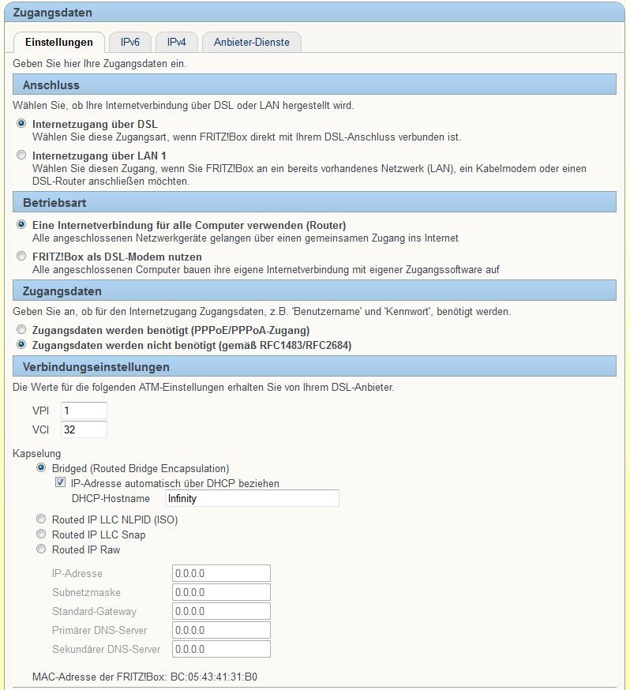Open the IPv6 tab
(130, 42)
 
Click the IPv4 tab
(177, 42)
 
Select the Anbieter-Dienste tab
(251, 42)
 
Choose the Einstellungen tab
(59, 42)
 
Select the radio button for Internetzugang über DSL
(21, 124)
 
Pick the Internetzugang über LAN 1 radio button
(21, 156)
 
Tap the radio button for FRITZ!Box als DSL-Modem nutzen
(21, 257)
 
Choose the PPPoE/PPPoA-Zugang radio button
(21, 330)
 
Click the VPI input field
(83, 411)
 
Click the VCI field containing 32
(83, 429)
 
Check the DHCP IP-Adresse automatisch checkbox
(60, 483)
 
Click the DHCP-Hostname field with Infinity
(251, 498)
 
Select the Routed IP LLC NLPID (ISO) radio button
(41, 519)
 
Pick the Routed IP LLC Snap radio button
(41, 534)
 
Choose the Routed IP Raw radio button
(41, 549)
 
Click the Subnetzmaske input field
(221, 592)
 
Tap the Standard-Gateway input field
(221, 611)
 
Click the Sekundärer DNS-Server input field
(221, 649)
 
